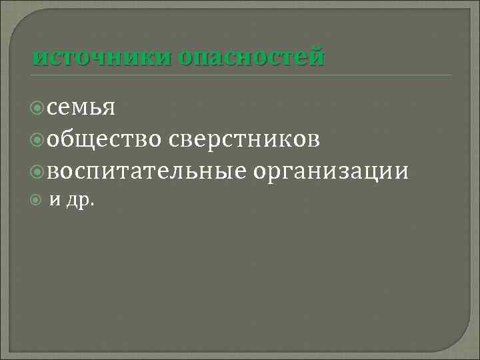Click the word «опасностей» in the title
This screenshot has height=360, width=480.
tap(251, 57)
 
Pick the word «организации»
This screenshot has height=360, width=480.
tap(331, 172)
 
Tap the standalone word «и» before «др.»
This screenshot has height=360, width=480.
tap(56, 200)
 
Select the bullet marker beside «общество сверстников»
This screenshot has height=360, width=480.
tap(39, 139)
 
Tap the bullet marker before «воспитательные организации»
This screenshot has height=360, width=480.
tap(39, 171)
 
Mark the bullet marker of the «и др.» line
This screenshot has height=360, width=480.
tap(39, 200)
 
